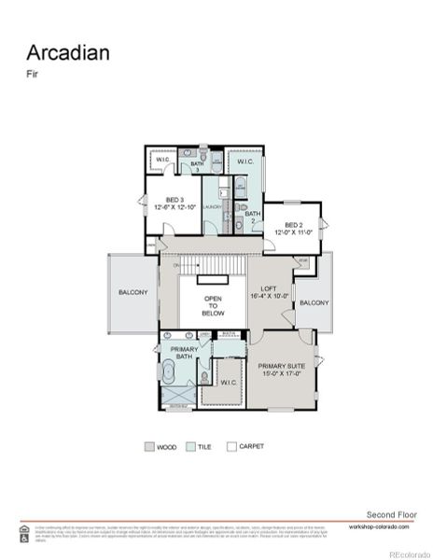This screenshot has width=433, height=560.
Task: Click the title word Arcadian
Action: coord(67,51)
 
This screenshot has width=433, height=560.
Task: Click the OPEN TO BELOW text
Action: coord(213,306)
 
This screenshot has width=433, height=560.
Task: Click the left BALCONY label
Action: coord(133,292)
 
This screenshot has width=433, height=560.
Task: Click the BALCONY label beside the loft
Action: coord(314,302)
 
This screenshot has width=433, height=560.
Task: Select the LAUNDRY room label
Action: coord(212,207)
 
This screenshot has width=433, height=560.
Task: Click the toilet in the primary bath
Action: coord(204,378)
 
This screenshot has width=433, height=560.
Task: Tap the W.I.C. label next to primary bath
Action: coord(228,382)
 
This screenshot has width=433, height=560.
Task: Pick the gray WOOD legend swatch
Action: coord(150,446)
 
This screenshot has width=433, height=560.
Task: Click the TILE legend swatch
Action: coord(190,446)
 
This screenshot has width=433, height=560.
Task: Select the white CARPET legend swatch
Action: coord(232,446)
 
